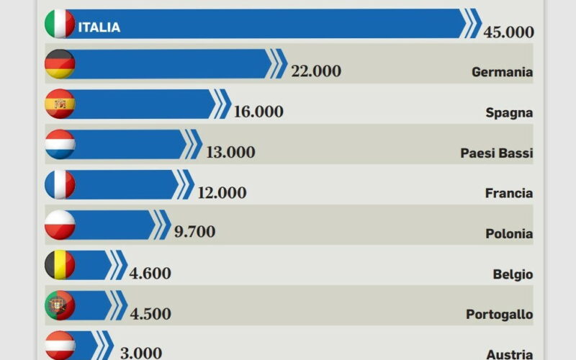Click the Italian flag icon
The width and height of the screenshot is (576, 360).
click(x=60, y=24)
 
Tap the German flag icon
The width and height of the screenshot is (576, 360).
click(x=60, y=64)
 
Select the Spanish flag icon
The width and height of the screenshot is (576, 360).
click(x=60, y=104)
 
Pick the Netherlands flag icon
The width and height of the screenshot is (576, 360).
click(x=60, y=145)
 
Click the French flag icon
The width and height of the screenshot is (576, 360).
click(x=60, y=185)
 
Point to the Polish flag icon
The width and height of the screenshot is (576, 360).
click(x=60, y=225)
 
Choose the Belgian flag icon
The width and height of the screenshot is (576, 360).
click(x=60, y=265)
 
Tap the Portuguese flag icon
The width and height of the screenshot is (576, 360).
click(x=60, y=305)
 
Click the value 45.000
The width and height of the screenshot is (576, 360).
click(x=508, y=32)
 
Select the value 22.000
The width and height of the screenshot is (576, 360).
click(x=316, y=71)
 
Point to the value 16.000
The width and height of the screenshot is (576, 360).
click(x=258, y=112)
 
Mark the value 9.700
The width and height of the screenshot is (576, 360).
click(x=194, y=231)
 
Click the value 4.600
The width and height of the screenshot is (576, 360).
click(x=150, y=273)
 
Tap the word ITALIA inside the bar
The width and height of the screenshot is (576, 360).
click(x=99, y=27)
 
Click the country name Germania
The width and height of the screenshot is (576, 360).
click(x=502, y=72)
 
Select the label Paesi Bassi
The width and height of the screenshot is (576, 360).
click(x=496, y=153)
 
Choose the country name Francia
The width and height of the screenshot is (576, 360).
click(x=508, y=193)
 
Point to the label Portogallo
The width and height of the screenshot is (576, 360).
click(x=499, y=315)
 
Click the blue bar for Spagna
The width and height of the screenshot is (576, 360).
click(x=144, y=104)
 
